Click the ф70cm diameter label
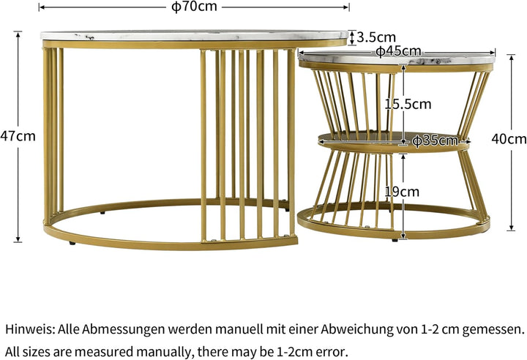(x=195, y=7)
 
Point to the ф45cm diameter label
(x=399, y=50)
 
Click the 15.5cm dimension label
(x=408, y=104)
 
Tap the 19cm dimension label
(x=402, y=192)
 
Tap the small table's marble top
(x=395, y=59)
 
